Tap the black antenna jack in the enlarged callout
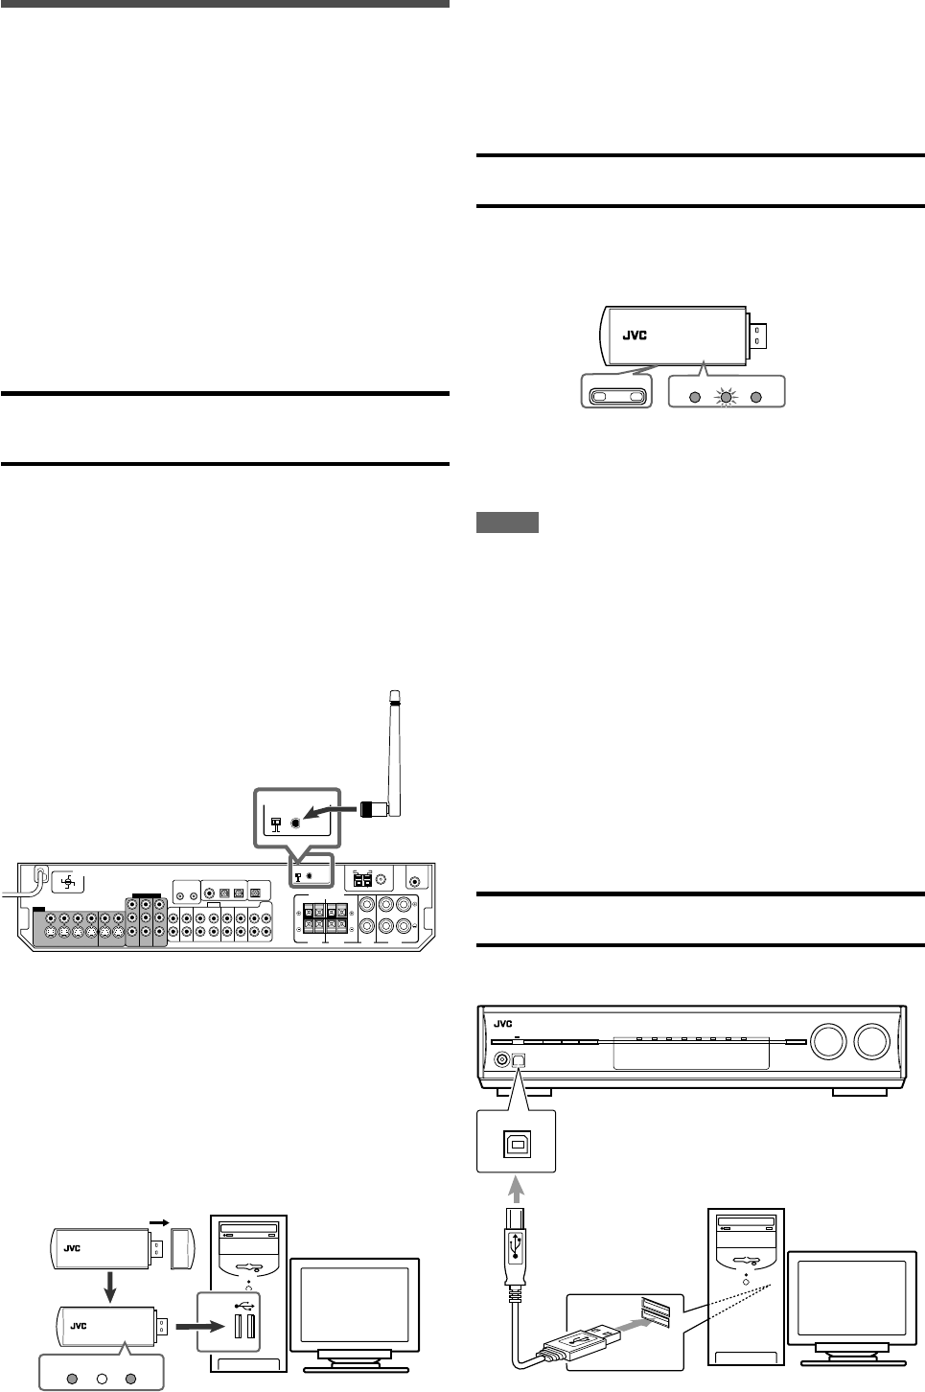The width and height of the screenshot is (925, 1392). (295, 823)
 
